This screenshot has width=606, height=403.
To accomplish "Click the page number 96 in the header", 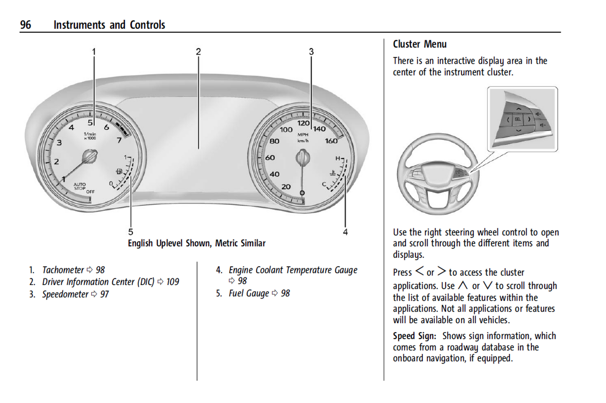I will tap(26, 25).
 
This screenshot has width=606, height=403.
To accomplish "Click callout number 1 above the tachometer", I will tap(94, 52).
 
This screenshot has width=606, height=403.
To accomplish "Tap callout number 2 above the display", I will tap(198, 52).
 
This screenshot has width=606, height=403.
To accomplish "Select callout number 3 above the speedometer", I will tap(311, 52).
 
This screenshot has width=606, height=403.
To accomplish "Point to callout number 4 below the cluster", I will tap(345, 232).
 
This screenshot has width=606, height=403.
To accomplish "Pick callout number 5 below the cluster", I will tap(131, 232).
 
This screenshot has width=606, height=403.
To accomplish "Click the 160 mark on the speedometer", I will tap(331, 141).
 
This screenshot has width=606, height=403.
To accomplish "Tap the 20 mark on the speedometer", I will tap(286, 187).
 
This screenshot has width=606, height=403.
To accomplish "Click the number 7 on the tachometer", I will tap(120, 140).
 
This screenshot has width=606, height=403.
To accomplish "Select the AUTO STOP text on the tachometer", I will tap(80, 186).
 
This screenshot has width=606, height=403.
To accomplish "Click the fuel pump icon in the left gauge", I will tap(120, 171).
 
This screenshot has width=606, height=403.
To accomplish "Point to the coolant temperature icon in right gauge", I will tap(333, 173).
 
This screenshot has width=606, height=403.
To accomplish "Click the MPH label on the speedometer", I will tap(303, 135).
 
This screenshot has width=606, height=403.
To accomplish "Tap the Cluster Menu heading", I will tap(419, 44).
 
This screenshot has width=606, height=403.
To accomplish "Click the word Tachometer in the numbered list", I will tap(63, 270).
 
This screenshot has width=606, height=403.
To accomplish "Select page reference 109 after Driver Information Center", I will tap(172, 282).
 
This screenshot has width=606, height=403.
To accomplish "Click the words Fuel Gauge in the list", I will tap(249, 293).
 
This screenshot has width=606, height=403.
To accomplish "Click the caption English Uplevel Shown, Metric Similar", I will tap(197, 243).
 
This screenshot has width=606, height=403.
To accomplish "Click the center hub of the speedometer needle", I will tap(302, 158).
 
